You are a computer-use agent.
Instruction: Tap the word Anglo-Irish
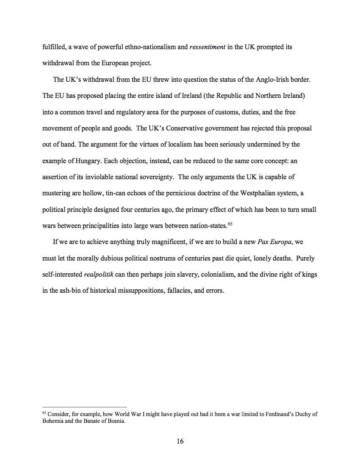tap(274, 80)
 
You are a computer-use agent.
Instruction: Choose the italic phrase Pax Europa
tap(274, 242)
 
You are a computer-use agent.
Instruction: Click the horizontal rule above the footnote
tap(85, 407)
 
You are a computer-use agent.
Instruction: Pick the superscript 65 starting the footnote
tap(44, 413)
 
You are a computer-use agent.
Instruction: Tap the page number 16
tap(180, 441)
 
